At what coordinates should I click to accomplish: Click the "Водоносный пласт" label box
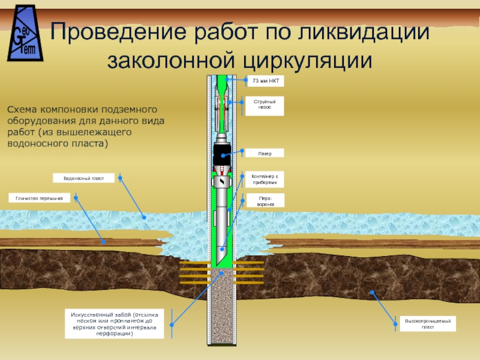coord(83,178)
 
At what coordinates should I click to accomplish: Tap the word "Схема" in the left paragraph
coord(22,110)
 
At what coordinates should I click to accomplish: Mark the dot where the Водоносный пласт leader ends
coord(143,217)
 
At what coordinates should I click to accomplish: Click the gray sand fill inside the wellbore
coord(223,306)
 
